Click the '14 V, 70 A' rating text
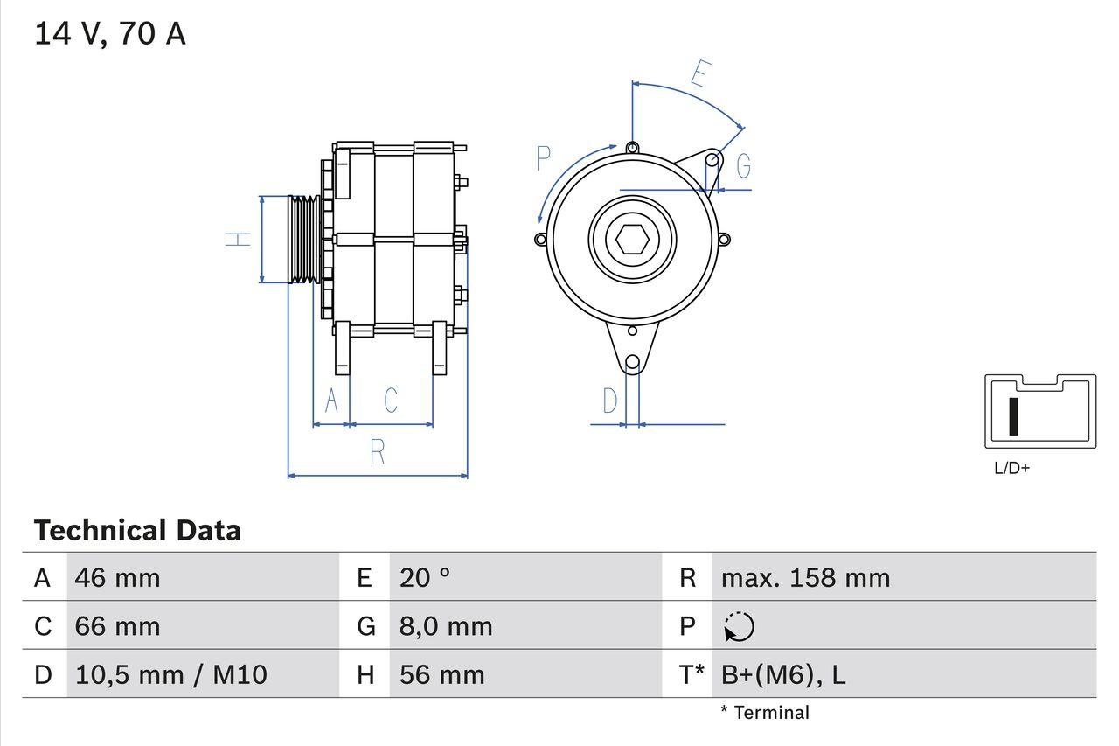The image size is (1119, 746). click(110, 34)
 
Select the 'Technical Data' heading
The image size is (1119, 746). click(137, 531)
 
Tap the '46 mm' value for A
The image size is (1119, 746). click(118, 578)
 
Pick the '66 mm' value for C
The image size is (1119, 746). click(118, 626)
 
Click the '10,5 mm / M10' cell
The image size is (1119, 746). click(171, 674)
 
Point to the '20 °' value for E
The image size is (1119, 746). click(425, 578)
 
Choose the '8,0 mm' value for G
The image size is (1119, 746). click(446, 626)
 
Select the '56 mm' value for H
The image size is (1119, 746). click(441, 674)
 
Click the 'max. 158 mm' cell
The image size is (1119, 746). click(805, 578)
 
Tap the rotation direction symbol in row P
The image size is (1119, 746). click(740, 627)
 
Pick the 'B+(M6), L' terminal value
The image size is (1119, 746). click(783, 674)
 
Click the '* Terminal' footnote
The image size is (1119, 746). click(765, 713)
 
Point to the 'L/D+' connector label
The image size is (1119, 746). click(1012, 468)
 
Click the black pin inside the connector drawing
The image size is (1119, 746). click(1014, 416)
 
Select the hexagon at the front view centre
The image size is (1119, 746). click(632, 239)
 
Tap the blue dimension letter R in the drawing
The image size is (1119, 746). click(378, 452)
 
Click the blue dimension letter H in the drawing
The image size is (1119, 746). click(238, 239)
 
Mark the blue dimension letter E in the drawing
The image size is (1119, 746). click(699, 74)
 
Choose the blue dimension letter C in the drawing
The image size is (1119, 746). click(391, 401)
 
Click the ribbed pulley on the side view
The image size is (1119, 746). click(304, 239)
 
